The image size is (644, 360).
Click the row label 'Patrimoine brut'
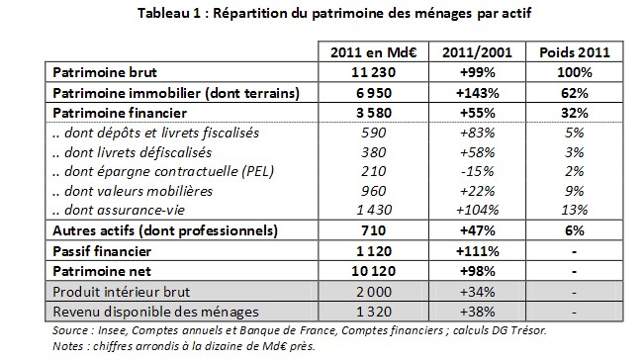102,71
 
